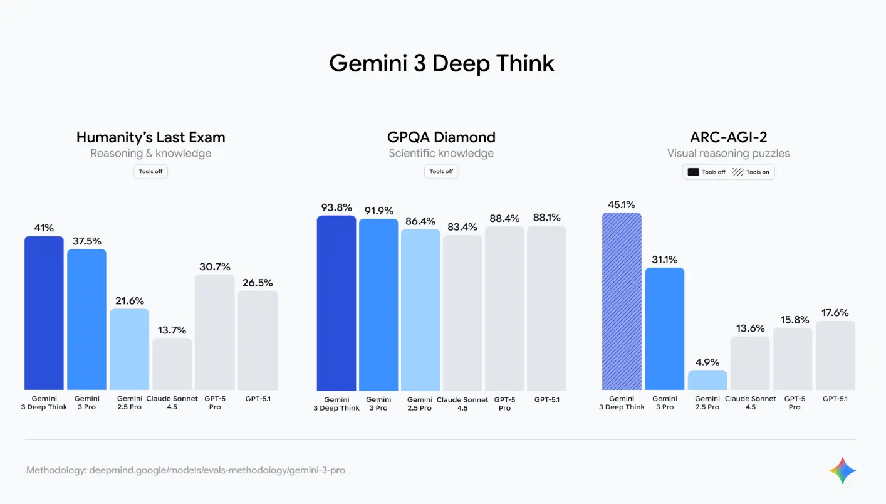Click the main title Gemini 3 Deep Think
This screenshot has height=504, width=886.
tap(442, 63)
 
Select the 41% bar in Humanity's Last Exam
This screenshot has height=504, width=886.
tap(44, 313)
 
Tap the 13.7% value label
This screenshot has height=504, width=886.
tap(172, 330)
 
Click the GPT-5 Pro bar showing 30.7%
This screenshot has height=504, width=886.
tap(214, 332)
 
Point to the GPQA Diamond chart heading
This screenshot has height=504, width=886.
tap(441, 137)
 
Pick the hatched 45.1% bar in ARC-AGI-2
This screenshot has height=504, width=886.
tap(621, 301)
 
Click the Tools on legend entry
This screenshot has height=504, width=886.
tap(751, 172)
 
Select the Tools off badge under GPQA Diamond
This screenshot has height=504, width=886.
tap(441, 171)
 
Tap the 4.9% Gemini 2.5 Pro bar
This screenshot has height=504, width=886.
tap(707, 381)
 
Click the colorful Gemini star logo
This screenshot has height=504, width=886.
tap(842, 470)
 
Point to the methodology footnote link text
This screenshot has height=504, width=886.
tap(185, 470)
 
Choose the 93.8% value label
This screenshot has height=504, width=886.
tap(336, 207)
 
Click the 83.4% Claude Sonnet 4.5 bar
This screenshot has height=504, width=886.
tap(462, 313)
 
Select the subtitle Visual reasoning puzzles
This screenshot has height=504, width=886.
tap(728, 154)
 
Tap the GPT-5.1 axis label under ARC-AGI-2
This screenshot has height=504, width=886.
tap(835, 399)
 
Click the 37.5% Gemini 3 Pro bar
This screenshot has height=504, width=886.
tap(86, 320)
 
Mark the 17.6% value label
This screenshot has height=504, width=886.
tap(835, 313)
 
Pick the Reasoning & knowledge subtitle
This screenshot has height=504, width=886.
tap(150, 154)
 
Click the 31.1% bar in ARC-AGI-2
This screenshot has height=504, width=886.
tap(664, 328)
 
